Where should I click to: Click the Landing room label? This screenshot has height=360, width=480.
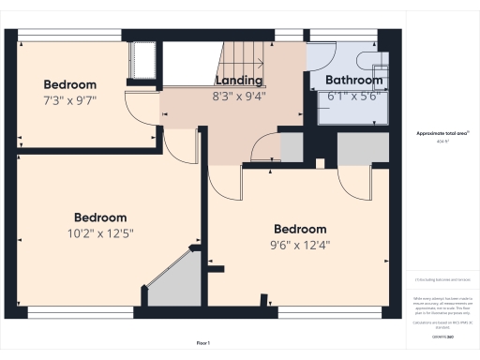[238, 82]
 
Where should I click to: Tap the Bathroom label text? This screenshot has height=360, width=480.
[354, 81]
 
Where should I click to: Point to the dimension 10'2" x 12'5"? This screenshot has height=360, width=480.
[99, 232]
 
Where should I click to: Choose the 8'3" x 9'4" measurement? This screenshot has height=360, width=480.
[238, 96]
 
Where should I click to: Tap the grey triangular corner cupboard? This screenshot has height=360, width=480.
[175, 282]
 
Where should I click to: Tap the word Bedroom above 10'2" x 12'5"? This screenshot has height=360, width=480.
[100, 217]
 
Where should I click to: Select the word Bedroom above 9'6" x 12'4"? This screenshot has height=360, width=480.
[300, 229]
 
